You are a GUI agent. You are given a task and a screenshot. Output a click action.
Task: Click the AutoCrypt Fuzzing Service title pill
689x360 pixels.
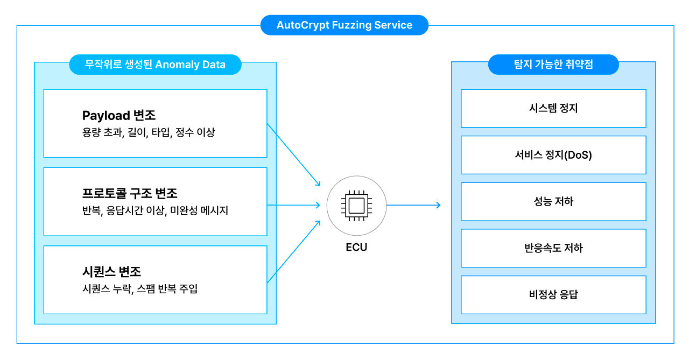click(x=344, y=25)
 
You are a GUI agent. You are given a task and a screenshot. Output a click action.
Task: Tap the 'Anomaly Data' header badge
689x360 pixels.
click(x=155, y=65)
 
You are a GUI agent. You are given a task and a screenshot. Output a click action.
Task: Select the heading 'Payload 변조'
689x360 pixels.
click(x=119, y=116)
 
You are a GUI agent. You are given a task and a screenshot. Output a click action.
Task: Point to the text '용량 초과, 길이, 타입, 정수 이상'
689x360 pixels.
click(x=149, y=132)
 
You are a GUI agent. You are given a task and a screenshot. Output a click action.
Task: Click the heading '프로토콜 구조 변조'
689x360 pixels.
click(x=130, y=193)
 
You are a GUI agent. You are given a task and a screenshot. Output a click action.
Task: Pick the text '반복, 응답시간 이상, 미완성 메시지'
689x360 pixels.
click(x=155, y=210)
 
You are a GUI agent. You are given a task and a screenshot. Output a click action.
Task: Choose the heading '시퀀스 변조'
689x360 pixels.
click(x=111, y=272)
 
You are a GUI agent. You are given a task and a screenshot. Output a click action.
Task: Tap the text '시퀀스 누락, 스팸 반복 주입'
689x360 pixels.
click(x=140, y=289)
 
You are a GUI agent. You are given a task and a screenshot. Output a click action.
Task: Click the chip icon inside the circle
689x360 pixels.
click(x=356, y=205)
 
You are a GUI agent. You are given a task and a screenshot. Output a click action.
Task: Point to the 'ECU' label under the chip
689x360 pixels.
click(x=356, y=248)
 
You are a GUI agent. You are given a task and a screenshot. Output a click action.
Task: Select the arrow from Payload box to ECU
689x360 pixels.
click(x=293, y=154)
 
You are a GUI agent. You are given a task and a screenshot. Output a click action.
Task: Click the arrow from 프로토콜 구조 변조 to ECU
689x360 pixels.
click(x=293, y=205)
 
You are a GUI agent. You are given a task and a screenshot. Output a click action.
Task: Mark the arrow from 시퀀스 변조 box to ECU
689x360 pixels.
click(x=293, y=251)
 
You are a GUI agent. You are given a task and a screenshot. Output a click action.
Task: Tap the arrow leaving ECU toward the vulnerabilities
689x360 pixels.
click(x=413, y=205)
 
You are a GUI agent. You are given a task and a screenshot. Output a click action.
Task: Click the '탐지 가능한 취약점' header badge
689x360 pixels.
click(x=553, y=65)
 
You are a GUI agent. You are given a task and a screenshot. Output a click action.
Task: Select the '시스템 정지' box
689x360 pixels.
click(x=553, y=108)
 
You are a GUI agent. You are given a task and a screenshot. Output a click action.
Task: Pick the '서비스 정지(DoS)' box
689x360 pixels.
click(x=553, y=155)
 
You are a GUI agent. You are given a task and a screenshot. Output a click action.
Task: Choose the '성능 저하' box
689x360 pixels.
click(x=553, y=202)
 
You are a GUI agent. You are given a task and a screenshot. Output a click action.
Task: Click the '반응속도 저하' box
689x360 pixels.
click(x=553, y=248)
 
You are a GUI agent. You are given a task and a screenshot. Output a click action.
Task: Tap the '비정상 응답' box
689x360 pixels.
click(x=553, y=295)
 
